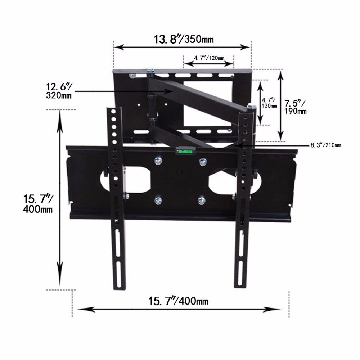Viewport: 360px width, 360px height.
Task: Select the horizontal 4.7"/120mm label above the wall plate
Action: click(x=209, y=58)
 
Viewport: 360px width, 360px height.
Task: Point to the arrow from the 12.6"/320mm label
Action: click(x=126, y=92)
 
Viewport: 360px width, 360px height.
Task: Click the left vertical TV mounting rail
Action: click(x=116, y=198)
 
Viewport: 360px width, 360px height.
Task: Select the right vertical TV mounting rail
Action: click(x=243, y=198)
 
